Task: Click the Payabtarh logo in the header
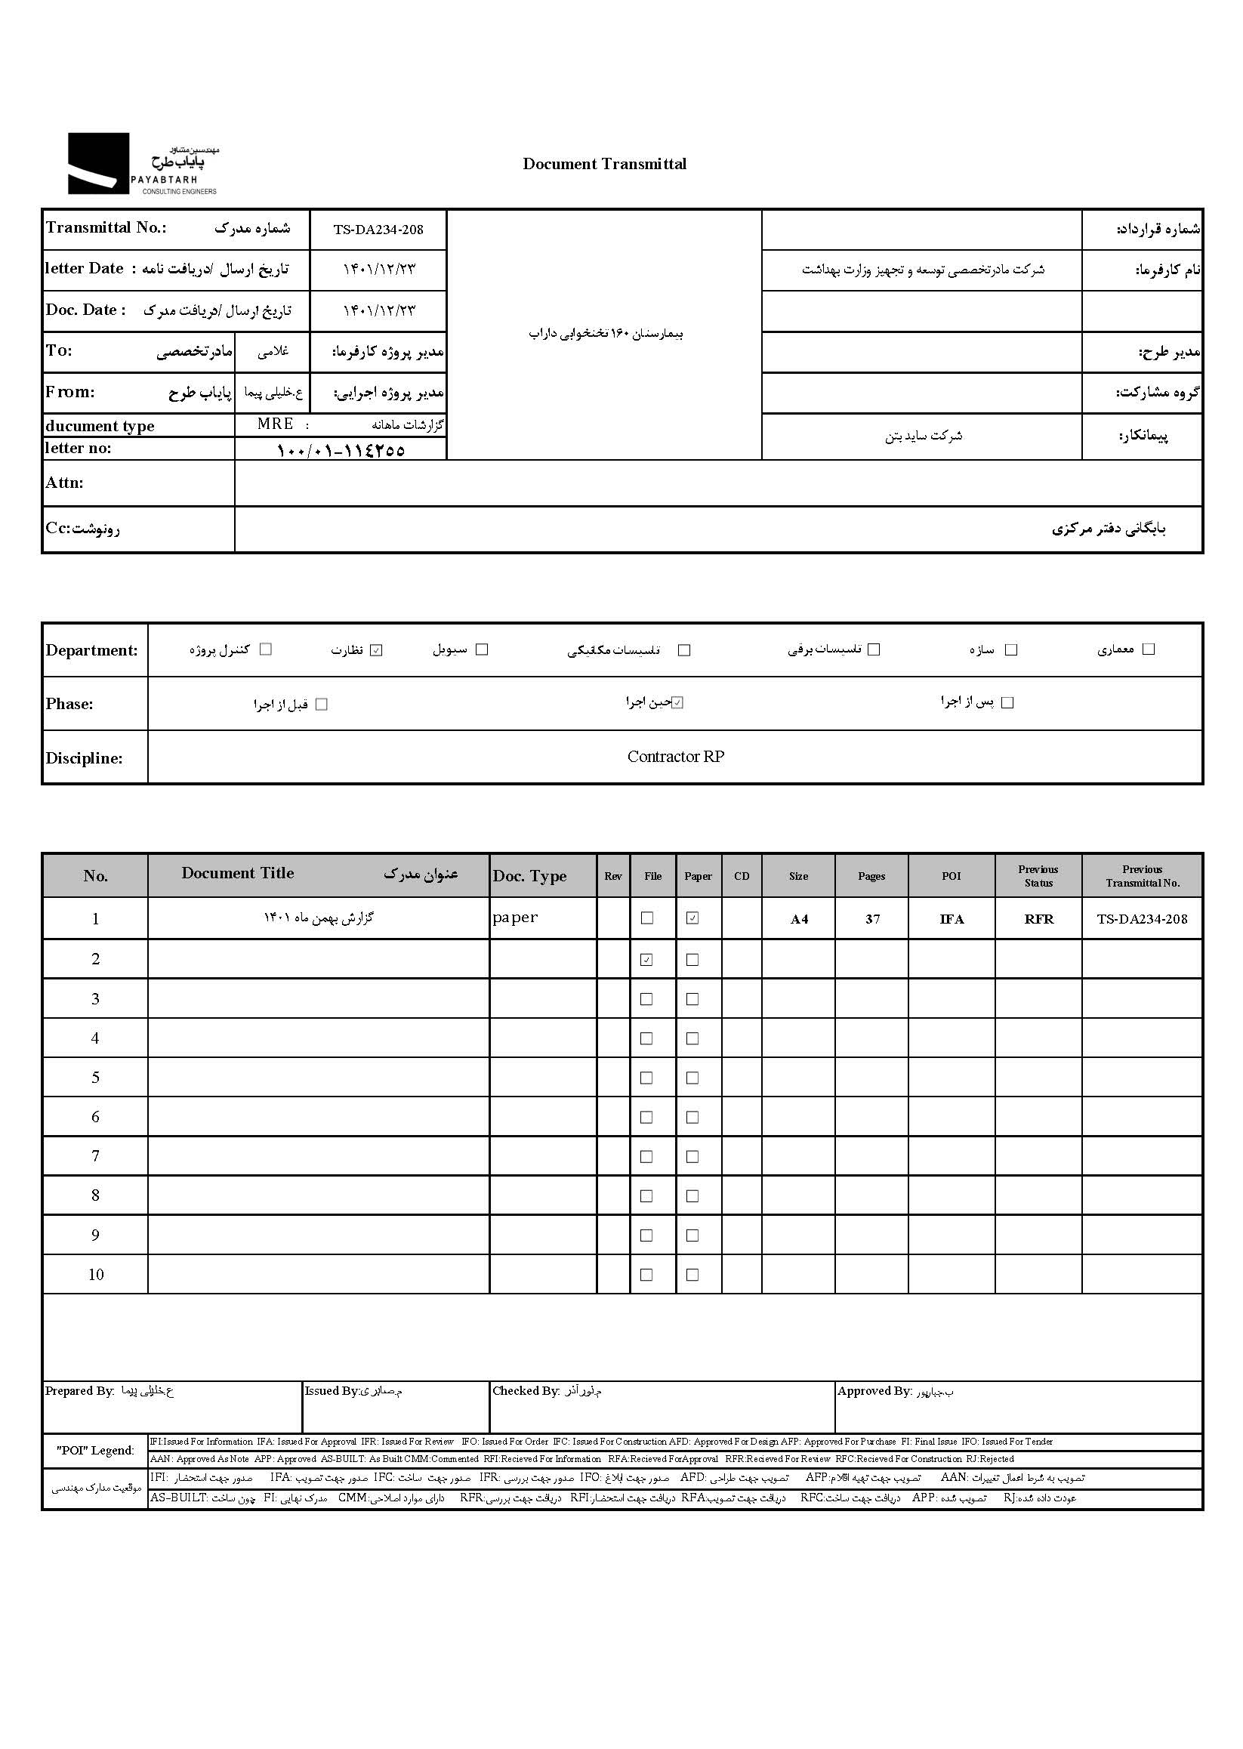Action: click(142, 164)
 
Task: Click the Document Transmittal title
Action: click(604, 164)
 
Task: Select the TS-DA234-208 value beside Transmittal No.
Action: click(378, 230)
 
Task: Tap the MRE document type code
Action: click(275, 424)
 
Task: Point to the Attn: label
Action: click(64, 483)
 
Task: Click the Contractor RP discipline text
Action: click(675, 757)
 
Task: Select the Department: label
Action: click(92, 651)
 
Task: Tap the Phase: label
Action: click(69, 704)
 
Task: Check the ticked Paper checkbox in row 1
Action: click(692, 918)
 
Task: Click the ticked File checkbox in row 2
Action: click(646, 960)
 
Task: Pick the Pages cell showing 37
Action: click(872, 919)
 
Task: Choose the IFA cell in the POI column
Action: click(952, 919)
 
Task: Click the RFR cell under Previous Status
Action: click(1038, 919)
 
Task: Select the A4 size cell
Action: click(799, 919)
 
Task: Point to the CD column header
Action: click(742, 877)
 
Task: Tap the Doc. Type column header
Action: click(529, 877)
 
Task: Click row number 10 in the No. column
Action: click(96, 1276)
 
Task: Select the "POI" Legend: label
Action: click(95, 1451)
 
